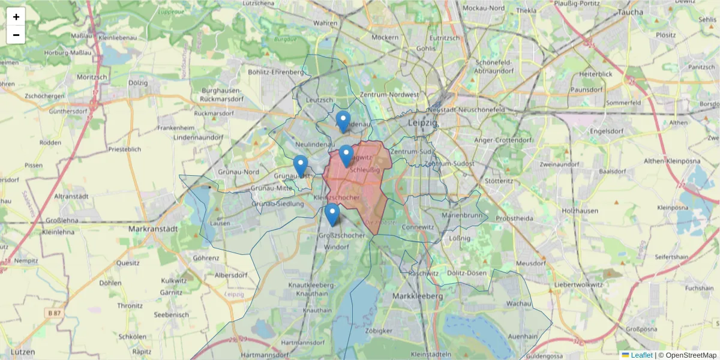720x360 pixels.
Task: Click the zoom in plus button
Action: [16, 17]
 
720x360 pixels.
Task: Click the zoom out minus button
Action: [16, 35]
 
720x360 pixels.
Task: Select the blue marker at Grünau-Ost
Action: [301, 166]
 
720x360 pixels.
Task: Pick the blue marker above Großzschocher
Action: [332, 214]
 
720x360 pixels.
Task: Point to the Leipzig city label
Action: [424, 122]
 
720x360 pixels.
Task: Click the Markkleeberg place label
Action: [417, 296]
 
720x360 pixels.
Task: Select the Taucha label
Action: [629, 12]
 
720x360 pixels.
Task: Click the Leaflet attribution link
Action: [641, 355]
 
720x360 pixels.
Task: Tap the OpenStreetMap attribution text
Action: [691, 355]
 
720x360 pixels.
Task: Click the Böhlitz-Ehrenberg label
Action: [276, 72]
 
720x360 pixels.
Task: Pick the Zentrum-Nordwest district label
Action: [390, 95]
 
